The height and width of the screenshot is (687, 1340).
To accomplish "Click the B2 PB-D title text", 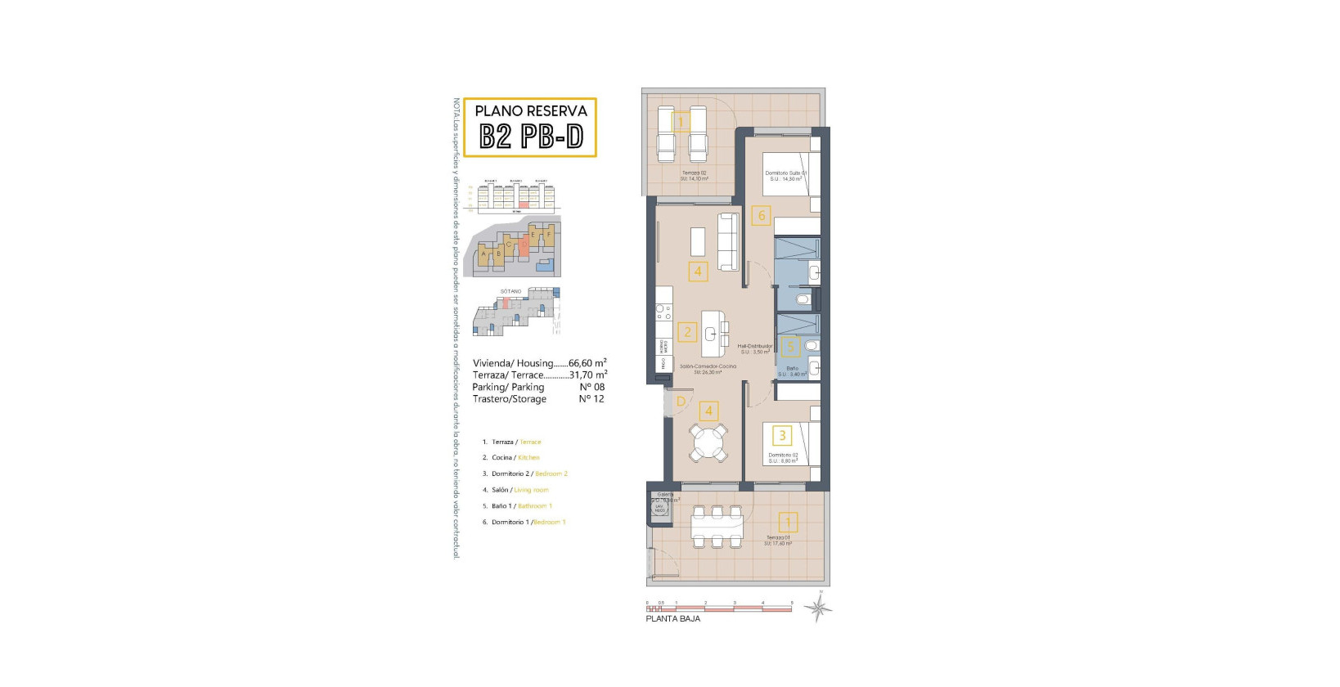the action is [x=530, y=137].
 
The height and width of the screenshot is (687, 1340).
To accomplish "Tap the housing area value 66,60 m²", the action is [x=587, y=363].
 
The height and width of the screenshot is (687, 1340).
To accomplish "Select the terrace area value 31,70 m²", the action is [x=587, y=375].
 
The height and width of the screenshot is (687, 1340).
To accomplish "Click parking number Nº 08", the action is [x=591, y=387].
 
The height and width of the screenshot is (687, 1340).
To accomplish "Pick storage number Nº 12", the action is [x=591, y=399].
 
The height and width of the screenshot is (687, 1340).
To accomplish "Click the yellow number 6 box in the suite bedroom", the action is [x=762, y=216].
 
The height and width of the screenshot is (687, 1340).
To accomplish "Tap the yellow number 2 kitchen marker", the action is [x=687, y=332].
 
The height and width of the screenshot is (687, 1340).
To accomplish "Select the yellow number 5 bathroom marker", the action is [x=789, y=348].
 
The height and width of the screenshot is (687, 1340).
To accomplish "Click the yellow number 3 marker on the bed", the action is [x=782, y=436].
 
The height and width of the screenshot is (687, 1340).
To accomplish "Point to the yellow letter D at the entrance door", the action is [x=681, y=402].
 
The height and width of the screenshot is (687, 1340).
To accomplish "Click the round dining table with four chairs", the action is [x=708, y=442].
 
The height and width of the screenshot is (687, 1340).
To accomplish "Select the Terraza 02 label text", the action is [x=695, y=173].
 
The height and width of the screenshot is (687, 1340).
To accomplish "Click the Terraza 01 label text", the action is [x=778, y=537].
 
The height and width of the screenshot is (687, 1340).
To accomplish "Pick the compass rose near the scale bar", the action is [x=817, y=608].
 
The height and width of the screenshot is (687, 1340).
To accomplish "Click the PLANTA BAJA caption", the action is [x=672, y=619].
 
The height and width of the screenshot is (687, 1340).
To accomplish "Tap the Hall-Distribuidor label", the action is [x=754, y=346].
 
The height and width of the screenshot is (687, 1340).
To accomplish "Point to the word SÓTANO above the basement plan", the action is [x=510, y=291].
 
